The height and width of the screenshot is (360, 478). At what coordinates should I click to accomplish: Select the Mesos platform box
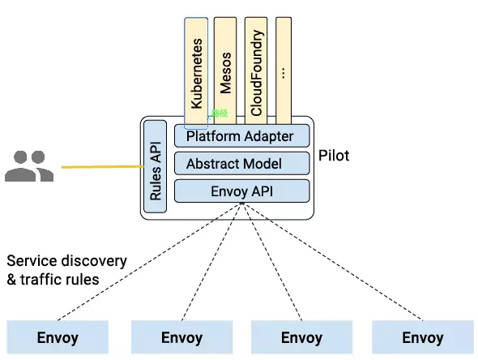point(225,71)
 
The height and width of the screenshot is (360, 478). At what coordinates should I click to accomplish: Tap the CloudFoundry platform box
point(256,71)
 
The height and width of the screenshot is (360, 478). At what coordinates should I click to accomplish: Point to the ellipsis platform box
point(284,71)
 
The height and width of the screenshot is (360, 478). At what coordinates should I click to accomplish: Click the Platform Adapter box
point(242,135)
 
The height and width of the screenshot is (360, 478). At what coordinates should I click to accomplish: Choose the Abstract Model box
point(242,164)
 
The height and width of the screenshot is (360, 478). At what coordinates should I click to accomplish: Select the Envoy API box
point(242,191)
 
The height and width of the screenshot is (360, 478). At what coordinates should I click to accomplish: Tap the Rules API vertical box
point(156,166)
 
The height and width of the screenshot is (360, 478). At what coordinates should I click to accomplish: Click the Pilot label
point(334,156)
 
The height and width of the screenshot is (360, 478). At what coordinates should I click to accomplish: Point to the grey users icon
point(29,166)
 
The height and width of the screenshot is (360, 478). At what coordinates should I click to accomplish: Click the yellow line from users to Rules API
point(103,167)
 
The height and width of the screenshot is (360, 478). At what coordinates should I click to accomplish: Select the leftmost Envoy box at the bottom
point(58,337)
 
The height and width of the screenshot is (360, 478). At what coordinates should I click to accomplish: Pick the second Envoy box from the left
point(182,337)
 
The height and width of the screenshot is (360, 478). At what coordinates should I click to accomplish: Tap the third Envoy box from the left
point(302,337)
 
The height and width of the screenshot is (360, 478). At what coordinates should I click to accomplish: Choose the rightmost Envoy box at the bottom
point(423,337)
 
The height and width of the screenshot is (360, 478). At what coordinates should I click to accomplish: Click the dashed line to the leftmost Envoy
point(149,262)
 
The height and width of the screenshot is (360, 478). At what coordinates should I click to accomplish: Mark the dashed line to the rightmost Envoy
point(332,262)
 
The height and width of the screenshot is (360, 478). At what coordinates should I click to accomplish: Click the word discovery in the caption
point(94,261)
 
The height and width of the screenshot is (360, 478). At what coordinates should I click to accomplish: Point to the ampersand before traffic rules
point(11,280)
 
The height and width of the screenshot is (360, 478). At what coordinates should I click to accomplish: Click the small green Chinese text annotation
point(220,114)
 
